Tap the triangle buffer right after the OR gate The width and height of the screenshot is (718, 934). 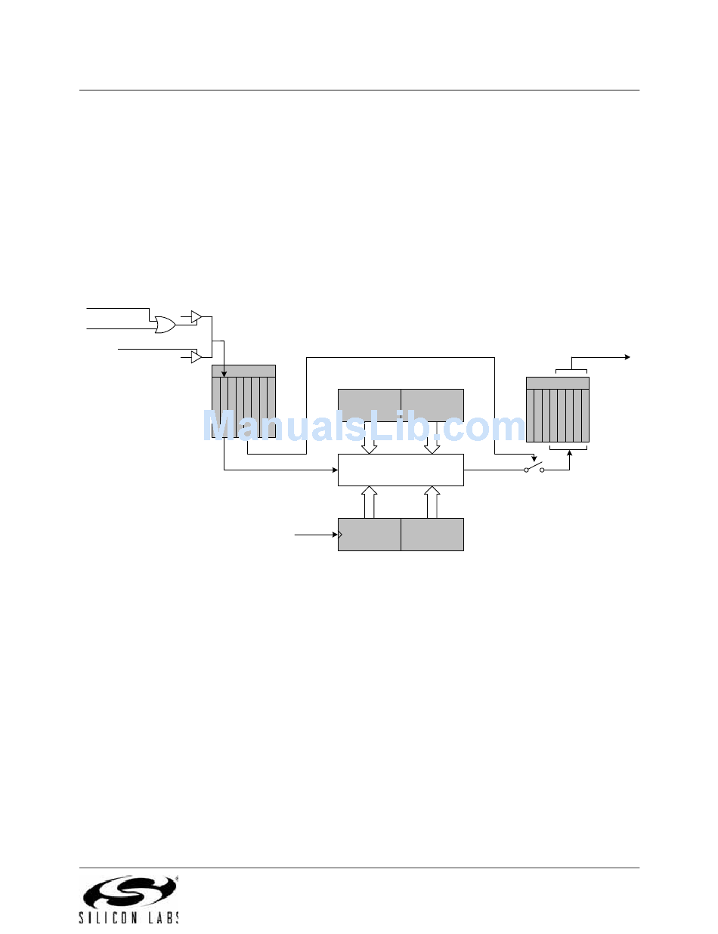pos(196,316)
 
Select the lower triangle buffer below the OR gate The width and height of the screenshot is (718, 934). pos(196,356)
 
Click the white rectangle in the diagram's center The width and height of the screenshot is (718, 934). pos(400,470)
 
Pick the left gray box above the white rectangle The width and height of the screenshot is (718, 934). pos(369,405)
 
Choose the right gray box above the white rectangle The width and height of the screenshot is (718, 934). pos(432,405)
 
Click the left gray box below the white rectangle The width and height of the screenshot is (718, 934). pos(369,535)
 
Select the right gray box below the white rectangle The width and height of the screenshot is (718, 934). pos(432,535)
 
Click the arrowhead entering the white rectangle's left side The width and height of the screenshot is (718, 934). pos(334,470)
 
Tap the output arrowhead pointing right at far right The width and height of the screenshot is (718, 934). pos(627,356)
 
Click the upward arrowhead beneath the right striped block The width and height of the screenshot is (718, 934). pos(569,457)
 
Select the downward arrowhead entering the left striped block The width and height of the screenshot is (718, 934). pos(224,373)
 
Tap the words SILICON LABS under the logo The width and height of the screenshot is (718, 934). pos(129,917)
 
